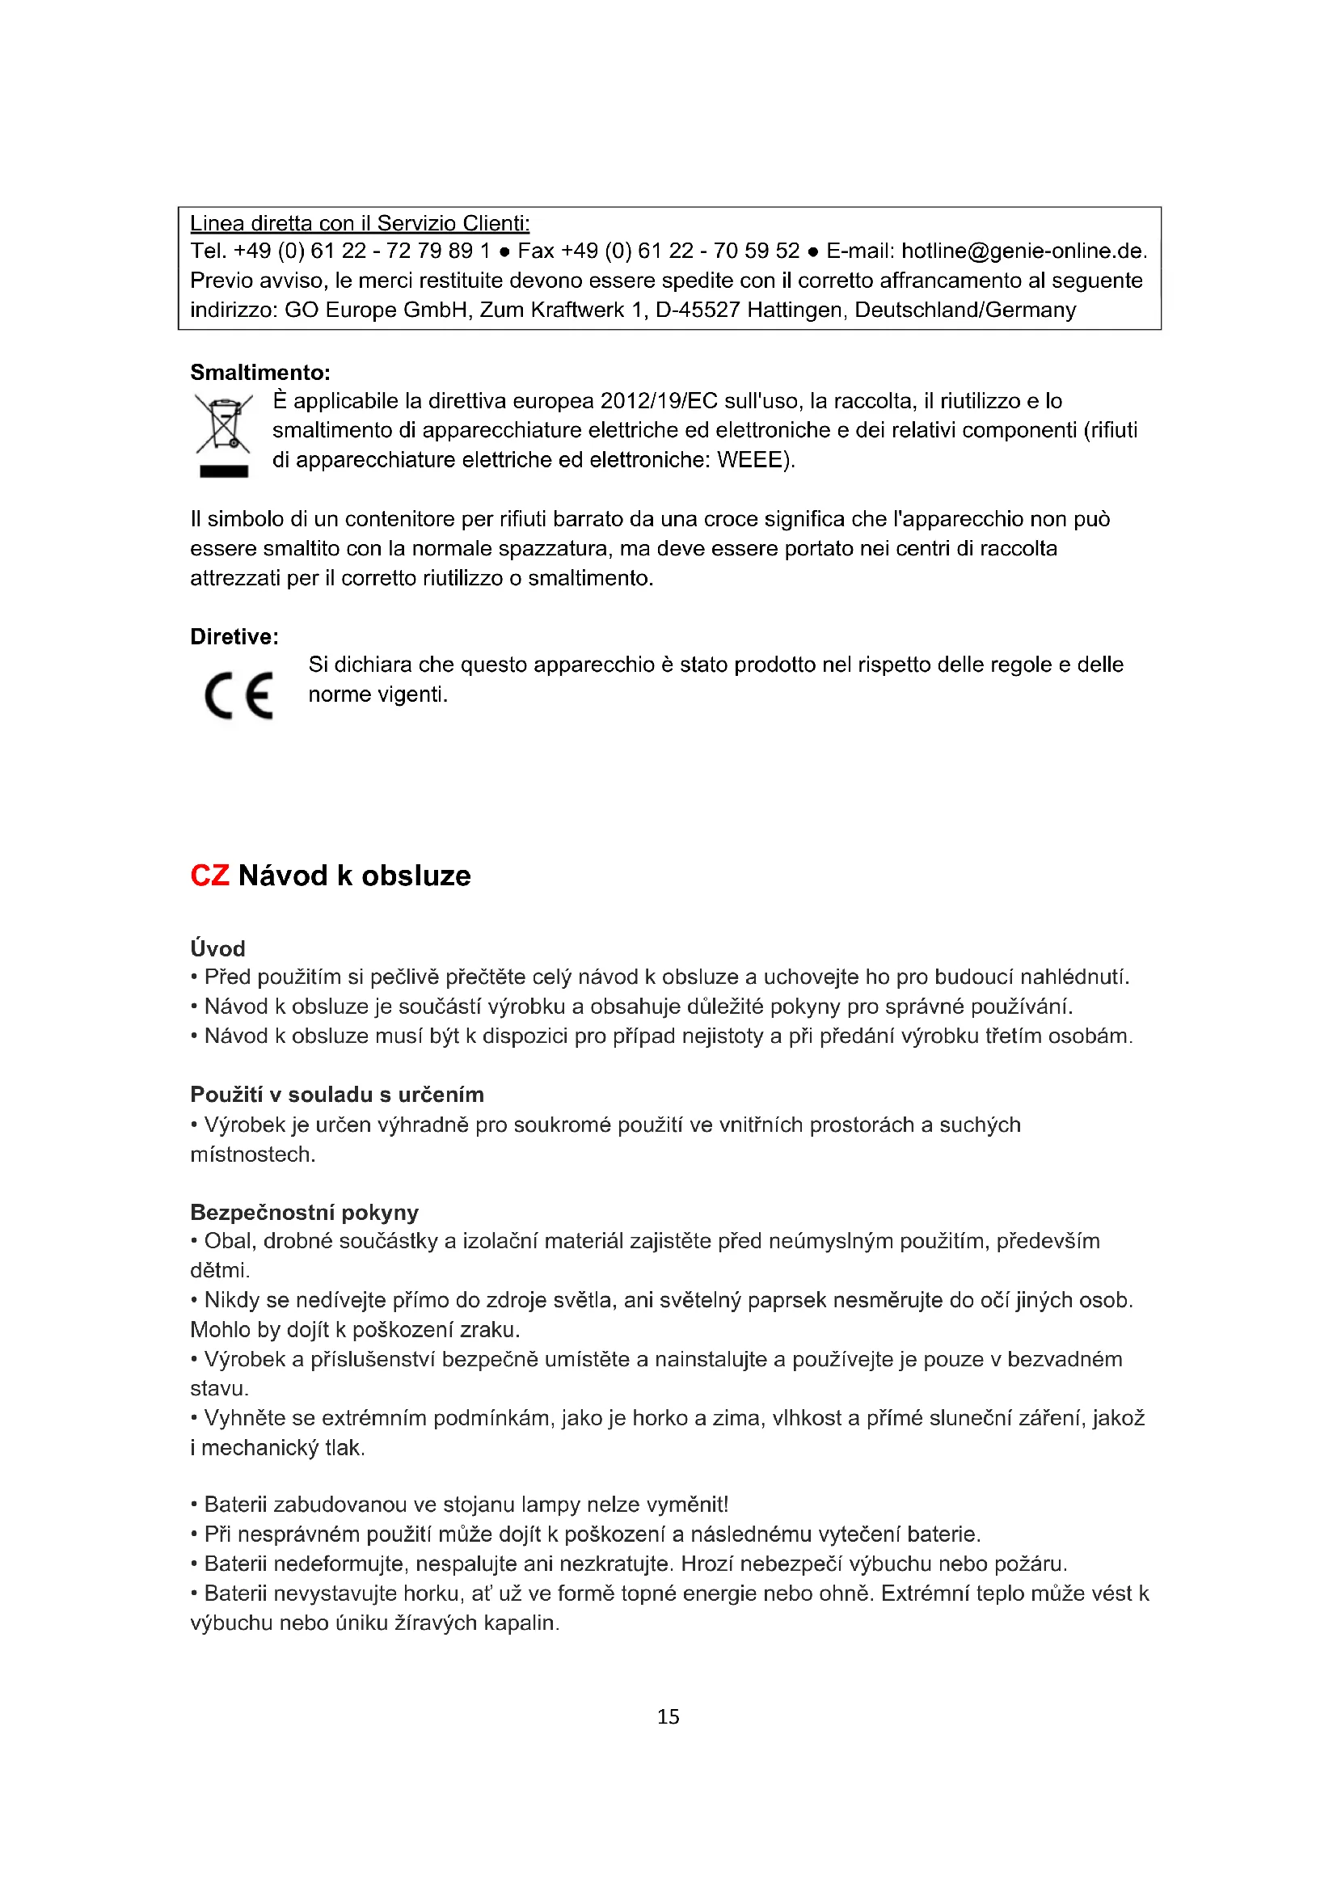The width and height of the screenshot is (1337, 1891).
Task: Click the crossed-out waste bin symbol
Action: [223, 424]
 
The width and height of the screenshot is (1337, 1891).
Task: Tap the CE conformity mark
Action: [238, 696]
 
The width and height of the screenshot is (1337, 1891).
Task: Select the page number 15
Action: [668, 1716]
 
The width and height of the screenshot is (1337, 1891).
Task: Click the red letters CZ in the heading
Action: [209, 875]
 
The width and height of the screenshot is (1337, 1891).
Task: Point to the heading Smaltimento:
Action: [260, 372]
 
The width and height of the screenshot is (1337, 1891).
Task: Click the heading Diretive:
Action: [234, 636]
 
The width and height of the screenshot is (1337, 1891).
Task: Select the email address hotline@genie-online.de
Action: [1023, 251]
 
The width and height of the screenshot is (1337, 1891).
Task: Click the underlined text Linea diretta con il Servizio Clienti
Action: [360, 223]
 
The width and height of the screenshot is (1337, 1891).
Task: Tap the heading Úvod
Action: [217, 948]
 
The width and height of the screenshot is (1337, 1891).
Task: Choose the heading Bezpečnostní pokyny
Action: [305, 1212]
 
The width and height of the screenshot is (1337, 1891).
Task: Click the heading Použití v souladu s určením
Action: [337, 1094]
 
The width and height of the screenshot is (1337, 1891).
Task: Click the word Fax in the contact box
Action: [535, 251]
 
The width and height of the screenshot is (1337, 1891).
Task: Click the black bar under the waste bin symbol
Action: [223, 471]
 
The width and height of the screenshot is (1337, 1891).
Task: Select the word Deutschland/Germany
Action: [965, 310]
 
